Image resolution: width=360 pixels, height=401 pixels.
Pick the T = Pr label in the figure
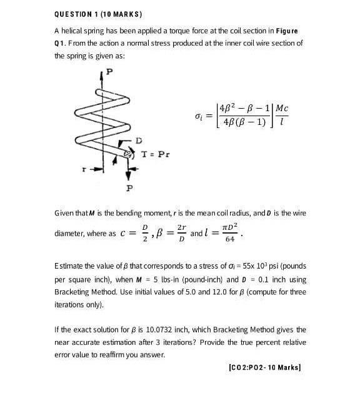click(154, 154)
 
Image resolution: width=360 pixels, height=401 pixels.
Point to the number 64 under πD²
click(229, 239)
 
